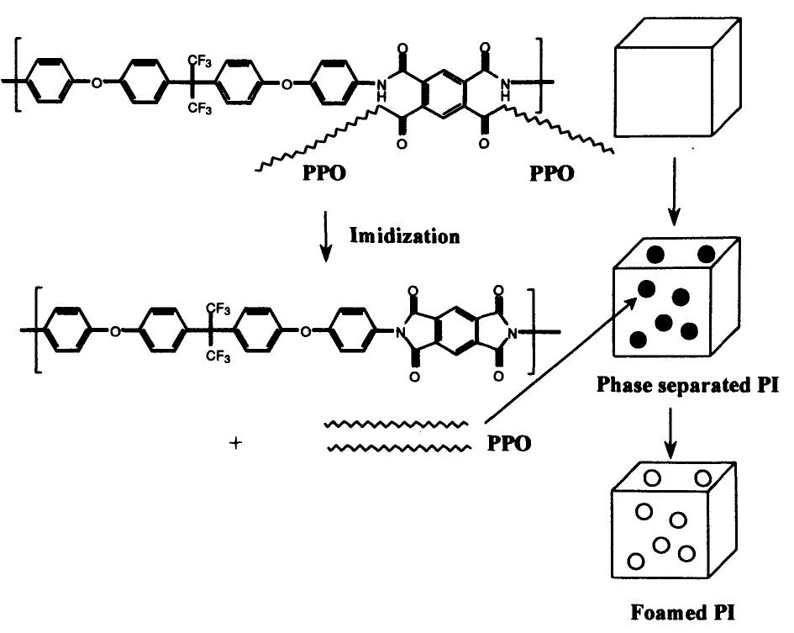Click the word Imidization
click(x=404, y=235)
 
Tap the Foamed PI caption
click(x=676, y=613)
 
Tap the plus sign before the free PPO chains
click(x=236, y=443)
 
